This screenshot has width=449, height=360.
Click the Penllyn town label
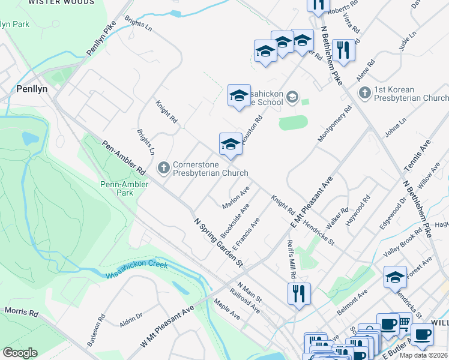32,88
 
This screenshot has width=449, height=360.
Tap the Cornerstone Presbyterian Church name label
210,169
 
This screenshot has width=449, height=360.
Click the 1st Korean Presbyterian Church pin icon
364,93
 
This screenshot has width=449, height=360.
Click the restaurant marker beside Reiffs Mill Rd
298,293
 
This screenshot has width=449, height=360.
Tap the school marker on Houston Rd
231,144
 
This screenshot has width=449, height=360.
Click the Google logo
20,353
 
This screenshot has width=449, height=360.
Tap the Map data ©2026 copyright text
423,355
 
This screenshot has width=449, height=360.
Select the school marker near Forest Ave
396,277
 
